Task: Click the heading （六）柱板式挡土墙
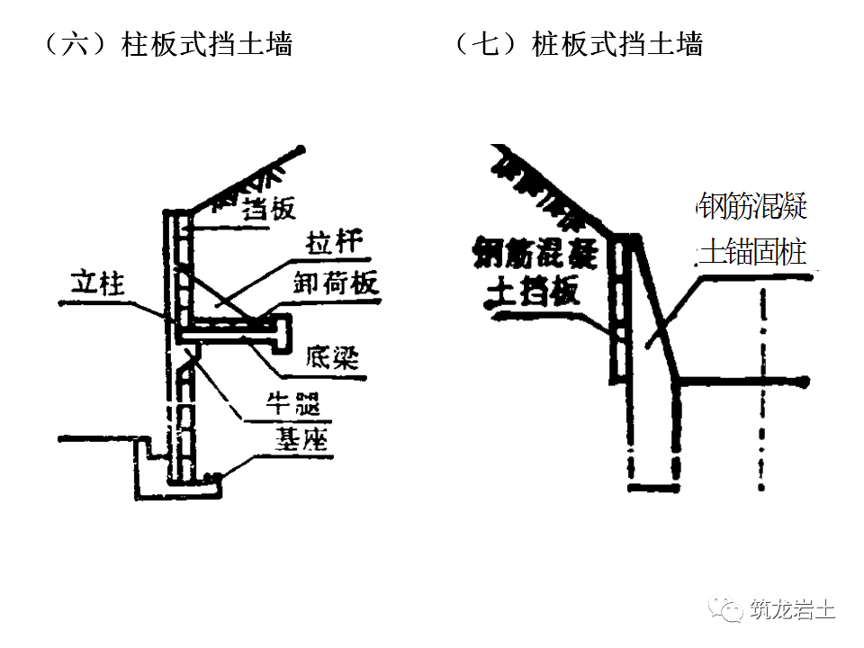pos(167,44)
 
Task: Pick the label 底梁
pos(331,356)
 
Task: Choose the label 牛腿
pos(293,402)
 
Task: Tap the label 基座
pos(301,440)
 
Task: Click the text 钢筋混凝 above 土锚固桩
pos(752,208)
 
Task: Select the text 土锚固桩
pos(752,253)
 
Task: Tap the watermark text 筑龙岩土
pos(792,610)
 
